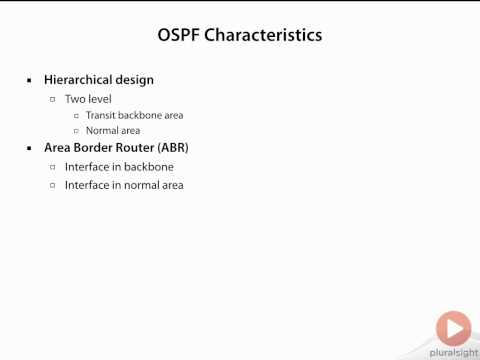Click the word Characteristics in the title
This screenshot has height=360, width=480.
click(263, 35)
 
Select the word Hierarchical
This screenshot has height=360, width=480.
click(79, 79)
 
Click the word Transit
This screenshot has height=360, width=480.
click(101, 115)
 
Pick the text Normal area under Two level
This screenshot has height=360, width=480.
click(113, 131)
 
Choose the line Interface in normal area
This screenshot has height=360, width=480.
click(124, 185)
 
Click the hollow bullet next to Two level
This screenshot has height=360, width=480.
click(54, 99)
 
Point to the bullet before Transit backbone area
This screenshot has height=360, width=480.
click(76, 115)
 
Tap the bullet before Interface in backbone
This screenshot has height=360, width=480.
click(54, 167)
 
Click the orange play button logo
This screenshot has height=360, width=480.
click(453, 328)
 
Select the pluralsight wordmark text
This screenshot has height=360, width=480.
click(453, 352)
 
